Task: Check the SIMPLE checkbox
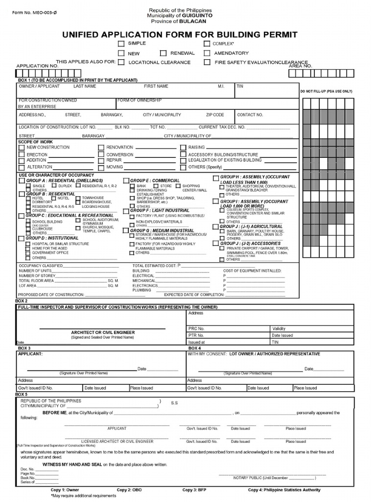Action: pos(120,44)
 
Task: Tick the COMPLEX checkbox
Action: pos(207,44)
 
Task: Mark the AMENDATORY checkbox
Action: pos(207,53)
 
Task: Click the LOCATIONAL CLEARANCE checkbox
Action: pos(120,62)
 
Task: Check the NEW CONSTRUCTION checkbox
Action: pos(22,147)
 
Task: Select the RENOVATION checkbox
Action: pos(101,147)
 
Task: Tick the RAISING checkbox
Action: pos(183,147)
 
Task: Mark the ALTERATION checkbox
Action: pos(22,167)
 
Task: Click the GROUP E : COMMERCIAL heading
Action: pos(155,180)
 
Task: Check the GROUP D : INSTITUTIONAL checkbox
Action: pos(21,238)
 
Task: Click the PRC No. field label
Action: pos(196,328)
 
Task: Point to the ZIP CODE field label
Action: pos(215,115)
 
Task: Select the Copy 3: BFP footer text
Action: pos(195,490)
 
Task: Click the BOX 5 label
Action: pos(22,394)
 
